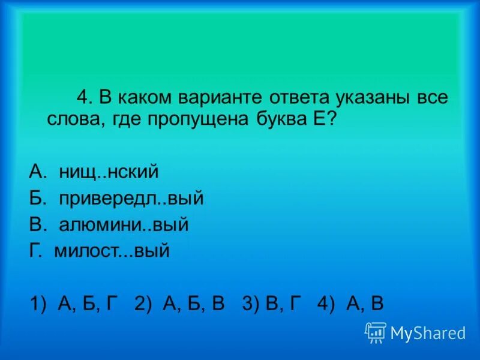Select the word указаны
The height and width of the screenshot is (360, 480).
coord(371,98)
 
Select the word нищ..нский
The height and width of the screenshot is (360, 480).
coord(109,172)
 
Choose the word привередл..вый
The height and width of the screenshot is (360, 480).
coord(131,199)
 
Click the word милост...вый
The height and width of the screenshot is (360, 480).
coord(112,251)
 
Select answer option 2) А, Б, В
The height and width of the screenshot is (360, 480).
coord(179,304)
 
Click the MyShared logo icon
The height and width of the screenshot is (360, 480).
coord(376,332)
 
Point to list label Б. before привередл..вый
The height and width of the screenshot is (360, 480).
coord(37,199)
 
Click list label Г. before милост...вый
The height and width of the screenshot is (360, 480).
coord(36,251)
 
